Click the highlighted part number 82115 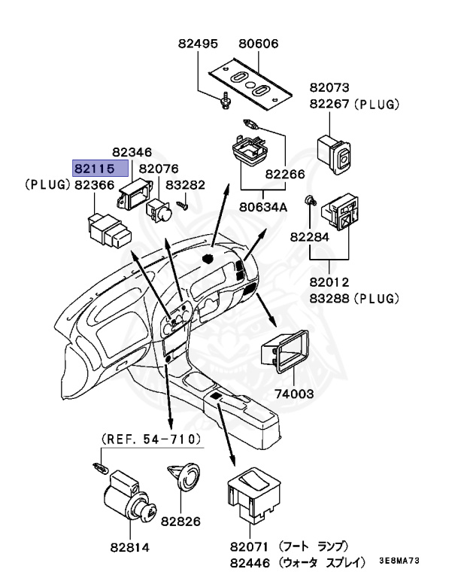click(93, 168)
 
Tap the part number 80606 click(258, 44)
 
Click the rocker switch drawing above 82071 click(250, 496)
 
